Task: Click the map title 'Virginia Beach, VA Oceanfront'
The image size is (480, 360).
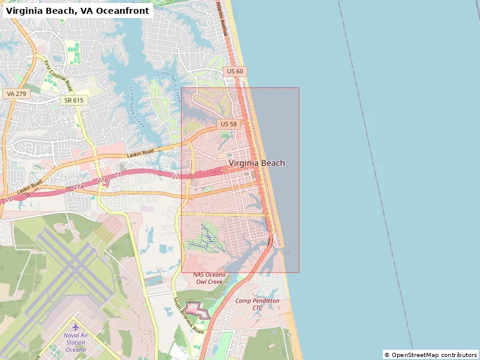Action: (77, 10)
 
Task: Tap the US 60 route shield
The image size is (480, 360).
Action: (235, 71)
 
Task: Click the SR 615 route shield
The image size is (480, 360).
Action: (74, 100)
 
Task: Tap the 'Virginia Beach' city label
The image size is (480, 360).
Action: (257, 163)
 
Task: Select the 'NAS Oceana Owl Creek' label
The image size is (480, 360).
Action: (208, 278)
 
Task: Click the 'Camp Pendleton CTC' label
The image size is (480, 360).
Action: (257, 304)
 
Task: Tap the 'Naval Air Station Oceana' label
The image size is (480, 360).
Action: (76, 342)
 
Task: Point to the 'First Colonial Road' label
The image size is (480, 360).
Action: (58, 75)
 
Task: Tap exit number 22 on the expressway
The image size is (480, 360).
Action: (176, 176)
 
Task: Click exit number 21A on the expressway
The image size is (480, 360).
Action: (79, 187)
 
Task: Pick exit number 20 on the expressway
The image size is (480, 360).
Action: (9, 199)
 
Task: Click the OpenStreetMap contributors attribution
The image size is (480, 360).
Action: (431, 355)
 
